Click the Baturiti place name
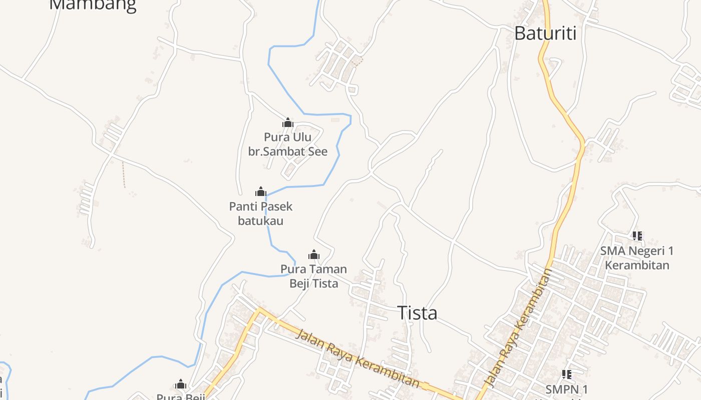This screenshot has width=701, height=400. (x=545, y=33)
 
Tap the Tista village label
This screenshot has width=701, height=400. (x=417, y=313)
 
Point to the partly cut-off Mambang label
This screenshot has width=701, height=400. (x=93, y=5)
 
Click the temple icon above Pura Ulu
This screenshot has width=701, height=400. (x=287, y=122)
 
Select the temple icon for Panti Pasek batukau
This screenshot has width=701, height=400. (x=260, y=191)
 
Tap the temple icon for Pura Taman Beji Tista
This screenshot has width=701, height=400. (x=314, y=255)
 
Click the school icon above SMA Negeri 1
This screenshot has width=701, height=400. (x=637, y=235)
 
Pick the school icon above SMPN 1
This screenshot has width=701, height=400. (x=567, y=374)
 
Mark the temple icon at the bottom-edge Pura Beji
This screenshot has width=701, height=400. (x=180, y=384)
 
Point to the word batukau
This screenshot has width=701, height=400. (x=260, y=220)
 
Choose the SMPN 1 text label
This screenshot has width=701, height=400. (x=567, y=389)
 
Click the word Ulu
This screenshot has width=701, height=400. (x=302, y=137)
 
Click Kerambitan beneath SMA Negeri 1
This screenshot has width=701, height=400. (x=637, y=265)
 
